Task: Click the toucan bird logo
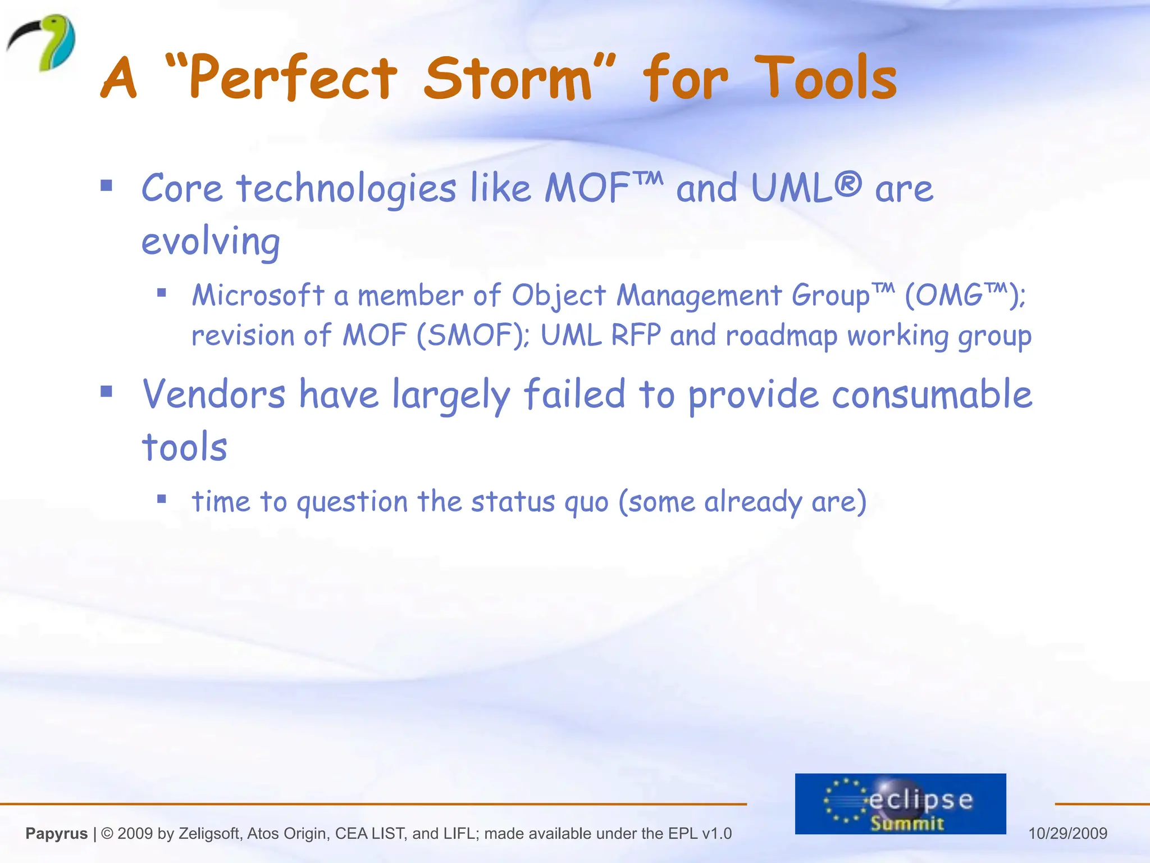click(x=42, y=43)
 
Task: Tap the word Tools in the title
click(x=825, y=79)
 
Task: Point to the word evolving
click(x=211, y=242)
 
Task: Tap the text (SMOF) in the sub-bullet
click(x=472, y=335)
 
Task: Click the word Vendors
click(x=214, y=394)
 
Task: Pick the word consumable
click(x=932, y=394)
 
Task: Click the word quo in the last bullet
click(x=586, y=502)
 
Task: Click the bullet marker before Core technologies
click(x=107, y=186)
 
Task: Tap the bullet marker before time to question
click(x=162, y=498)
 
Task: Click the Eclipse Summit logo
click(x=900, y=803)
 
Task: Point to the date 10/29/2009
click(x=1067, y=833)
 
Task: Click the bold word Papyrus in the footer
click(x=57, y=833)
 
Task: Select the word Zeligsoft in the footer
click(x=208, y=833)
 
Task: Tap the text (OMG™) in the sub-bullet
click(x=964, y=295)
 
